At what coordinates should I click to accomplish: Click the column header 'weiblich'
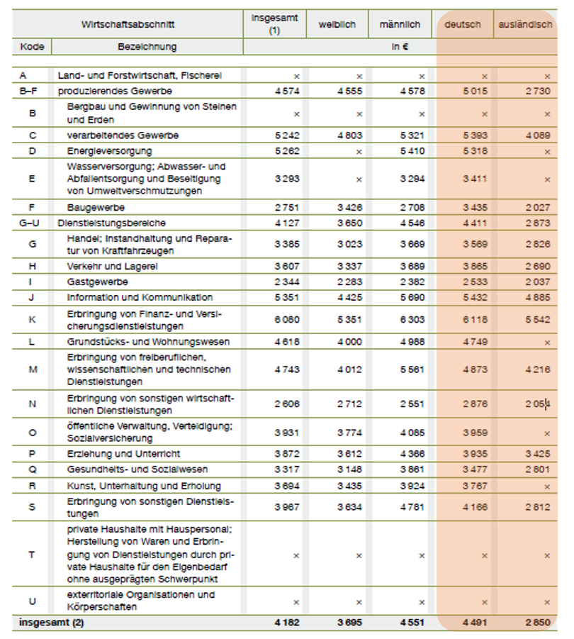[337, 25]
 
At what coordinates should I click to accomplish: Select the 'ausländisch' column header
[525, 25]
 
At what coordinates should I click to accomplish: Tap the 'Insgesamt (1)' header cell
[275, 25]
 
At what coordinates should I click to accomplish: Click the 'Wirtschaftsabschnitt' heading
[128, 25]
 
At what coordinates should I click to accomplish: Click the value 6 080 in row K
[287, 320]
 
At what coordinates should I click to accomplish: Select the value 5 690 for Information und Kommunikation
[412, 297]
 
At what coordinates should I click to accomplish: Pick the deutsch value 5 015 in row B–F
[474, 91]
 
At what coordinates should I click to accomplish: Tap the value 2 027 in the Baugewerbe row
[536, 208]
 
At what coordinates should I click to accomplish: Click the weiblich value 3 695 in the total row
[349, 623]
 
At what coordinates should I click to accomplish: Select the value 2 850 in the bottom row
[536, 623]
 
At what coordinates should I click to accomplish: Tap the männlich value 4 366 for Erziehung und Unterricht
[412, 454]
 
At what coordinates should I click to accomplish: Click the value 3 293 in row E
[287, 179]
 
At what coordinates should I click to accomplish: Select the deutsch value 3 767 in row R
[474, 487]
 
